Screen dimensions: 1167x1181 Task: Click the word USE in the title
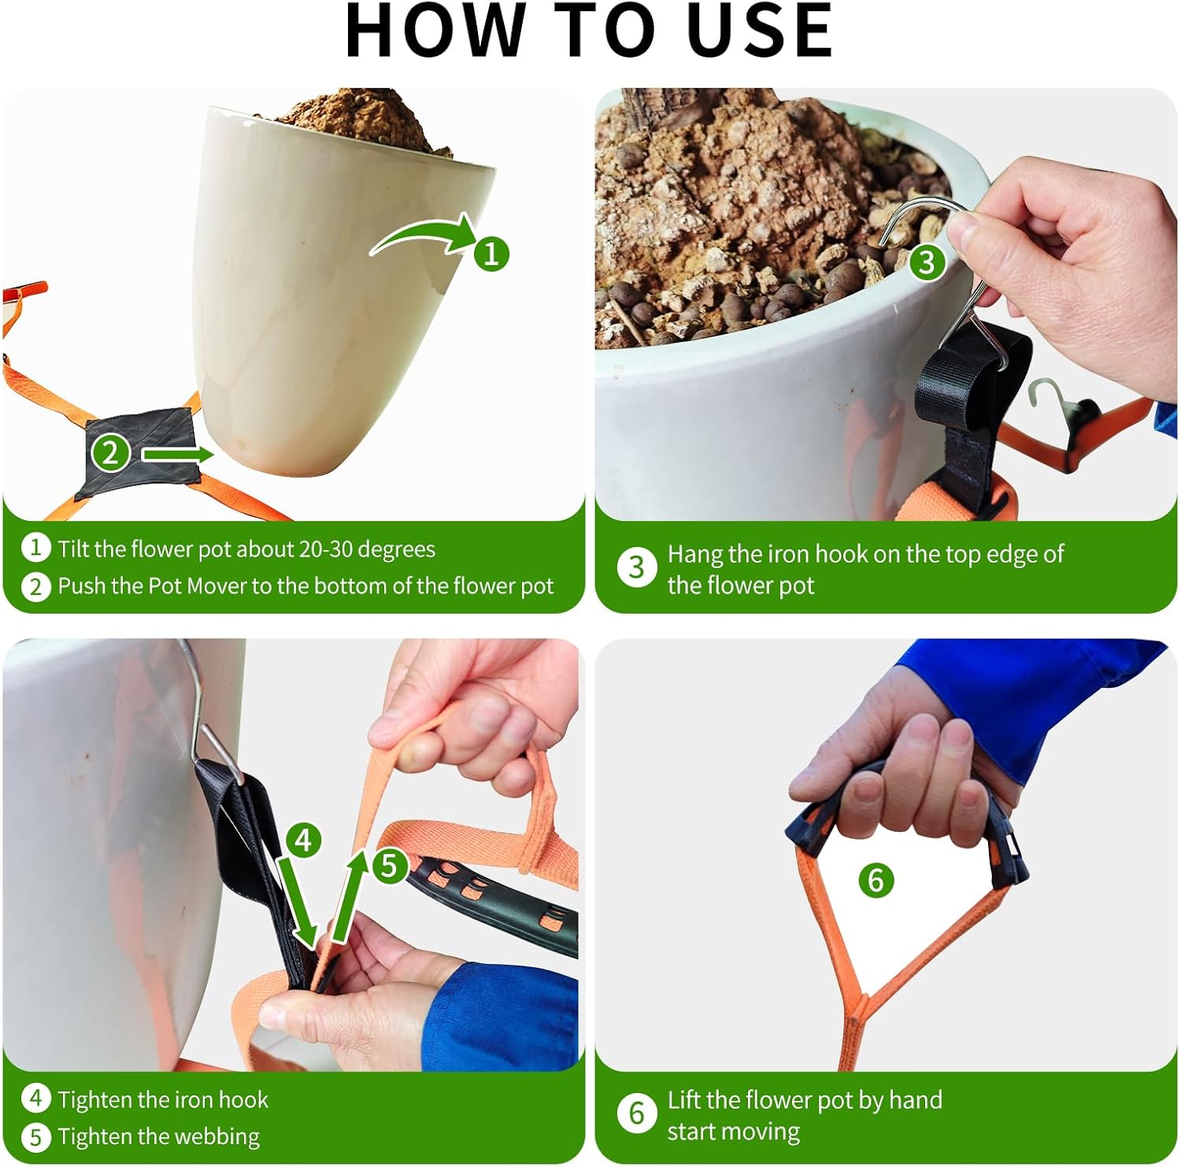coord(759,31)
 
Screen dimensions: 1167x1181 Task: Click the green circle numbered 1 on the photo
coord(491,253)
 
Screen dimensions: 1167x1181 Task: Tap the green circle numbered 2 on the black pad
coord(110,452)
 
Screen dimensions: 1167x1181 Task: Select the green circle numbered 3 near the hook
coord(927,261)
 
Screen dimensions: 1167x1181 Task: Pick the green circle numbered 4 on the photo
coord(304,840)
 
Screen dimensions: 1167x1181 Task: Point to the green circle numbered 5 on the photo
coord(389,866)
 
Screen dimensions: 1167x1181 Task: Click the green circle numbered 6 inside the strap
coord(876,879)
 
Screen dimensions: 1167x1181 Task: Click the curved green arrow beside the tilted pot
coord(425,235)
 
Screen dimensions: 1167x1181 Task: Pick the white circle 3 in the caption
coord(636,567)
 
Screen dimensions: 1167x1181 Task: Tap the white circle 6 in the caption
coord(636,1113)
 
